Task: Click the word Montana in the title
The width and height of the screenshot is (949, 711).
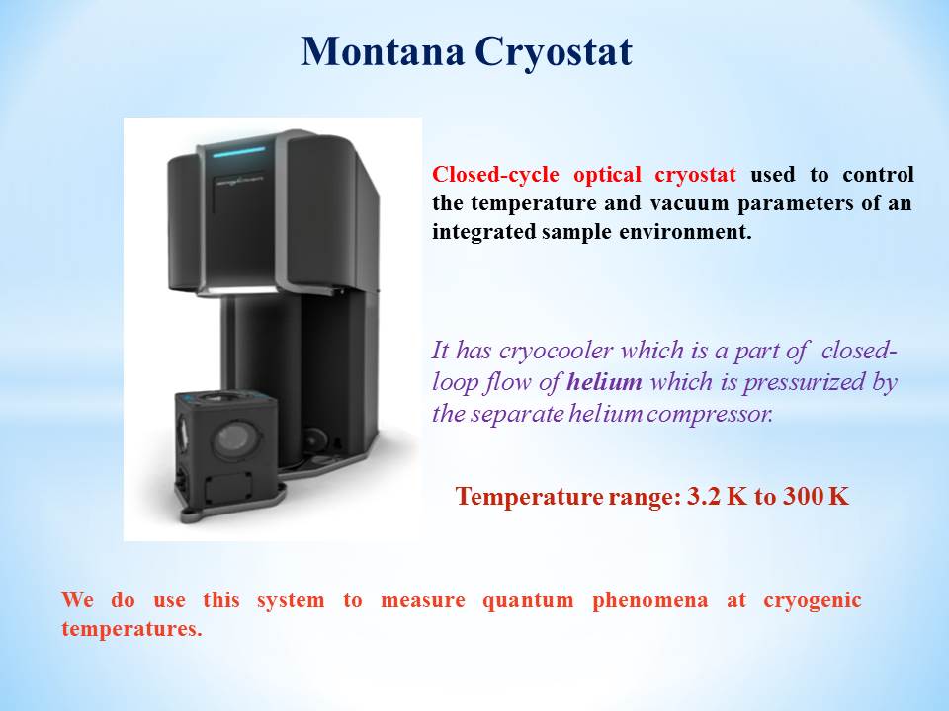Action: coord(383,51)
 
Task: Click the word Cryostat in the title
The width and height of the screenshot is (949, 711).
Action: coord(554,53)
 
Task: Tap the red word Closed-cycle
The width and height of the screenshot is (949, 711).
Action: coord(495,175)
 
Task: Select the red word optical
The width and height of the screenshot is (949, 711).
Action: coord(607,175)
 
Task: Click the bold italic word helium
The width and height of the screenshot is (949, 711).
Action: coord(604,381)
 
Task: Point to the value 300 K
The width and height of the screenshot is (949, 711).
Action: coord(817,497)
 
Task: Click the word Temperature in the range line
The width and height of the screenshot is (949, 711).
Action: coord(529,497)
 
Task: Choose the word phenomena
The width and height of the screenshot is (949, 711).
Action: coord(650,601)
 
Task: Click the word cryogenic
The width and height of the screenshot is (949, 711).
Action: coord(813,601)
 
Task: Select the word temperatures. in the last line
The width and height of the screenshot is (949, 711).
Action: coord(131,629)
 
